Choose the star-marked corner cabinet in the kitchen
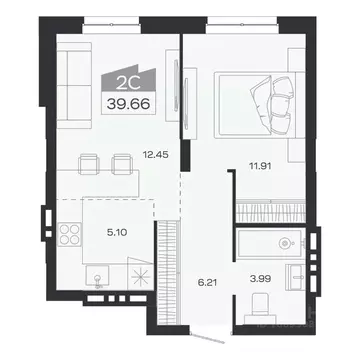[x=143, y=279]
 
